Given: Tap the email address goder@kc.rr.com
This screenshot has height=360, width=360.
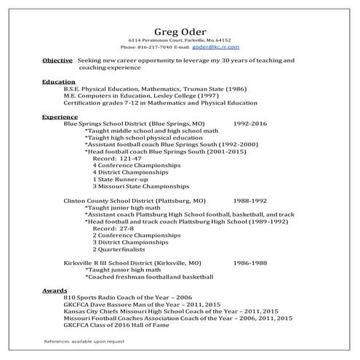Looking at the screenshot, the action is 212,45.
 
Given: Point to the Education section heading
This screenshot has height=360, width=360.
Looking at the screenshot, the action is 57,82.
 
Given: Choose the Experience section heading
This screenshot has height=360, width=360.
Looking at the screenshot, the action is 60,116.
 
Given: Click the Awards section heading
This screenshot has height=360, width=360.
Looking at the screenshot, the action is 55,290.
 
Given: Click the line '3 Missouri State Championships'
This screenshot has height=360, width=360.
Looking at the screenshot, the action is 136,186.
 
